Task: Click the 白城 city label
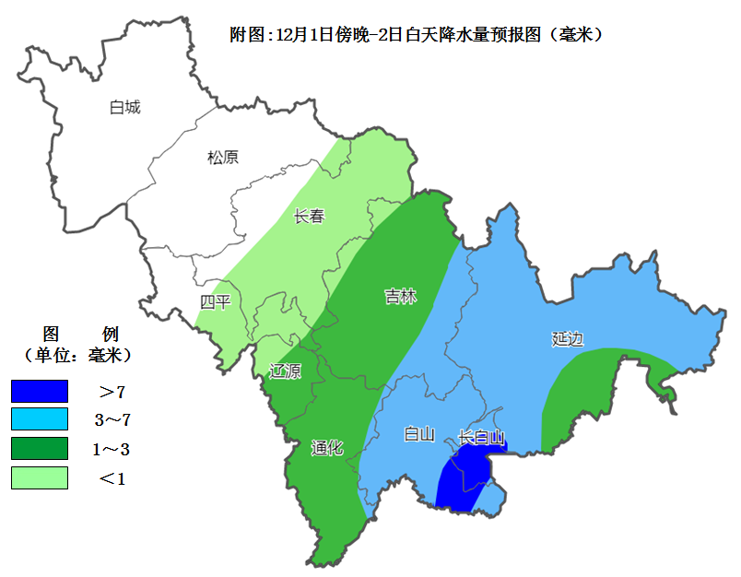[124, 108]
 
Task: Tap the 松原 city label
[222, 158]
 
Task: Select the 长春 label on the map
[309, 218]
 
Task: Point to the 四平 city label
[216, 302]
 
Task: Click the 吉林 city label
[400, 297]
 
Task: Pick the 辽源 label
[284, 371]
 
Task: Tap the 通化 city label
[327, 448]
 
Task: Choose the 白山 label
[418, 434]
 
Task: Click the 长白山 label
[481, 438]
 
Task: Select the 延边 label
[568, 338]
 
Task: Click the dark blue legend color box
[40, 392]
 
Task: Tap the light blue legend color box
[40, 420]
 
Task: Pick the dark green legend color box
[40, 449]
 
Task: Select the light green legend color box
[40, 477]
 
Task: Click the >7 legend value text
[112, 392]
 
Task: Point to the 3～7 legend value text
[112, 420]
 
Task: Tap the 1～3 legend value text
[112, 449]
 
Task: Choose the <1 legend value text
[112, 477]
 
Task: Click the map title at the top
[416, 35]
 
